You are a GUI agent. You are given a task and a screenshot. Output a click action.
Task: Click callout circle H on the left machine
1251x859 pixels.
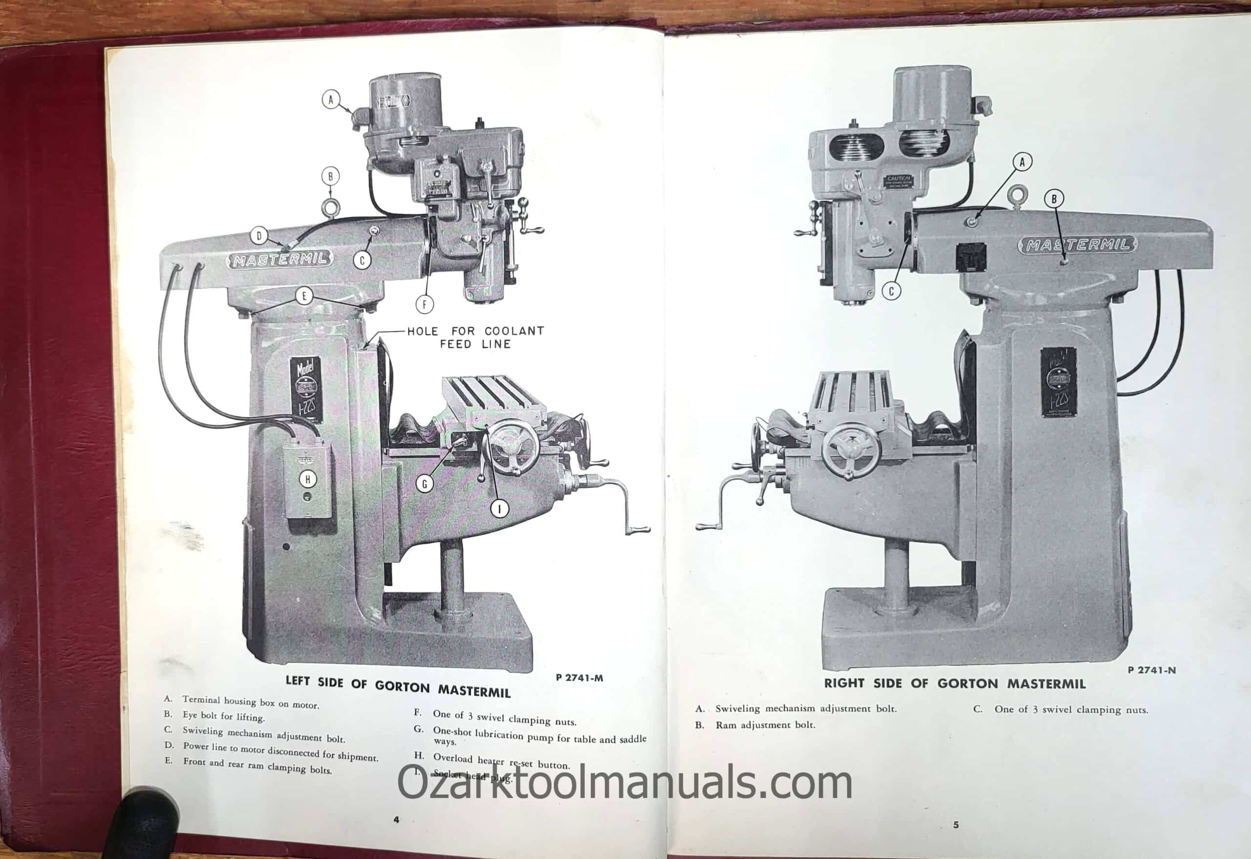click(308, 479)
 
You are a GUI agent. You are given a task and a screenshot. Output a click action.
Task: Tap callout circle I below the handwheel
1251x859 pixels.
click(500, 508)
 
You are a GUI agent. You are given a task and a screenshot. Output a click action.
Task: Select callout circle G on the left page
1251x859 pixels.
click(424, 484)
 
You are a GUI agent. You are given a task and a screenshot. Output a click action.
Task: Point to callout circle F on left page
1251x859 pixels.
click(424, 304)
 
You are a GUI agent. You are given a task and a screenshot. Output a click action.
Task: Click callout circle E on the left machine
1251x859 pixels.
click(304, 296)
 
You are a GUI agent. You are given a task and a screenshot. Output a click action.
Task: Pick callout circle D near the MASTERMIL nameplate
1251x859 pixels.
click(259, 236)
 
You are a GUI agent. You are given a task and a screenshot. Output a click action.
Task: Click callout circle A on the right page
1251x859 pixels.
click(1022, 161)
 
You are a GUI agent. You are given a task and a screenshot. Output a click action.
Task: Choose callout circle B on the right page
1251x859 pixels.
click(1054, 198)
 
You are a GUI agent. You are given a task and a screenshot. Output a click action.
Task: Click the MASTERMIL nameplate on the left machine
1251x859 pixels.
click(280, 259)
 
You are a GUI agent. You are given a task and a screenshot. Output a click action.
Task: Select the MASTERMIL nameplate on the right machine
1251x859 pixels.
click(1077, 245)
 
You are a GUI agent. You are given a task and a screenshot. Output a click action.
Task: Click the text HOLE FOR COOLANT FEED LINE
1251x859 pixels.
click(475, 338)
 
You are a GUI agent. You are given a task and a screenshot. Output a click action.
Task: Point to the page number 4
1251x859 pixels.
click(397, 820)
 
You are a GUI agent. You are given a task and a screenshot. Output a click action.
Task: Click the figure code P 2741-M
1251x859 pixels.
click(579, 678)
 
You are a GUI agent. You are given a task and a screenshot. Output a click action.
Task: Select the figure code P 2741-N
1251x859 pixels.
click(1151, 670)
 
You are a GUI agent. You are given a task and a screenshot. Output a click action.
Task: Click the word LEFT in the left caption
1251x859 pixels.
click(298, 681)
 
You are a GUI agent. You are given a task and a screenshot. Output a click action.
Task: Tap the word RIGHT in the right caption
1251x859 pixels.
click(844, 683)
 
